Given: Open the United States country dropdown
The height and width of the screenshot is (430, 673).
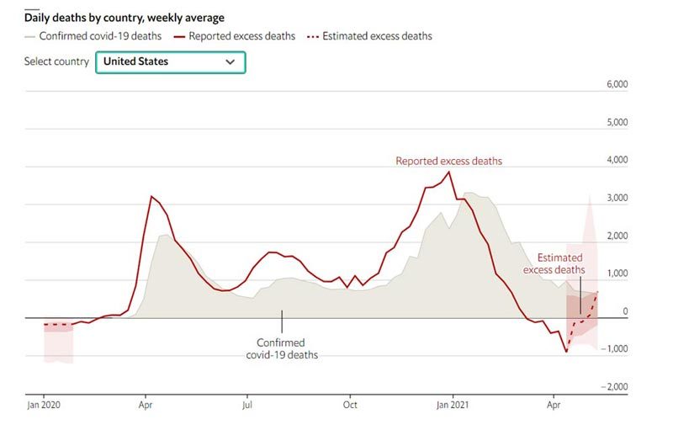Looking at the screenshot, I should pyautogui.click(x=170, y=62).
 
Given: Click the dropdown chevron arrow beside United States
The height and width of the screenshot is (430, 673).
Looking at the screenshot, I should pyautogui.click(x=230, y=62).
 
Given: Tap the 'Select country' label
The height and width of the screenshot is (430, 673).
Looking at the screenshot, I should pyautogui.click(x=56, y=62).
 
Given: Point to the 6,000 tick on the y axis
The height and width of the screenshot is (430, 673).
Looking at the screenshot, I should pyautogui.click(x=618, y=85).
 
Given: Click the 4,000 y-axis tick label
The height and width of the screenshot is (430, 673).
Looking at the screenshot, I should pyautogui.click(x=618, y=160).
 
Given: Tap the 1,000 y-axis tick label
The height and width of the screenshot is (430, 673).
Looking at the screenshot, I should pyautogui.click(x=618, y=273).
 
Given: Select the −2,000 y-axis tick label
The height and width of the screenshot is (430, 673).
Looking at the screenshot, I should pyautogui.click(x=616, y=386).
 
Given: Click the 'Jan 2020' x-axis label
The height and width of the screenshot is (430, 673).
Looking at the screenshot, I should pyautogui.click(x=44, y=405).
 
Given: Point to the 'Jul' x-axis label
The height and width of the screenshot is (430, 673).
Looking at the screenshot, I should pyautogui.click(x=247, y=405).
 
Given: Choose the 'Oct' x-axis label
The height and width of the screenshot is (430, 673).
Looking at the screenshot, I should pyautogui.click(x=350, y=405).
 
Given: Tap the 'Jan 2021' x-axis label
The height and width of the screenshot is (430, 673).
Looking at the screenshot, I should pyautogui.click(x=452, y=405).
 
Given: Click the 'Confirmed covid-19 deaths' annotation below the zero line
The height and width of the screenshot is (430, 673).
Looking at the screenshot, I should pyautogui.click(x=282, y=348).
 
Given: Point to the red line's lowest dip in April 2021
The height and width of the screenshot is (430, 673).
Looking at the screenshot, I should pyautogui.click(x=565, y=351).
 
